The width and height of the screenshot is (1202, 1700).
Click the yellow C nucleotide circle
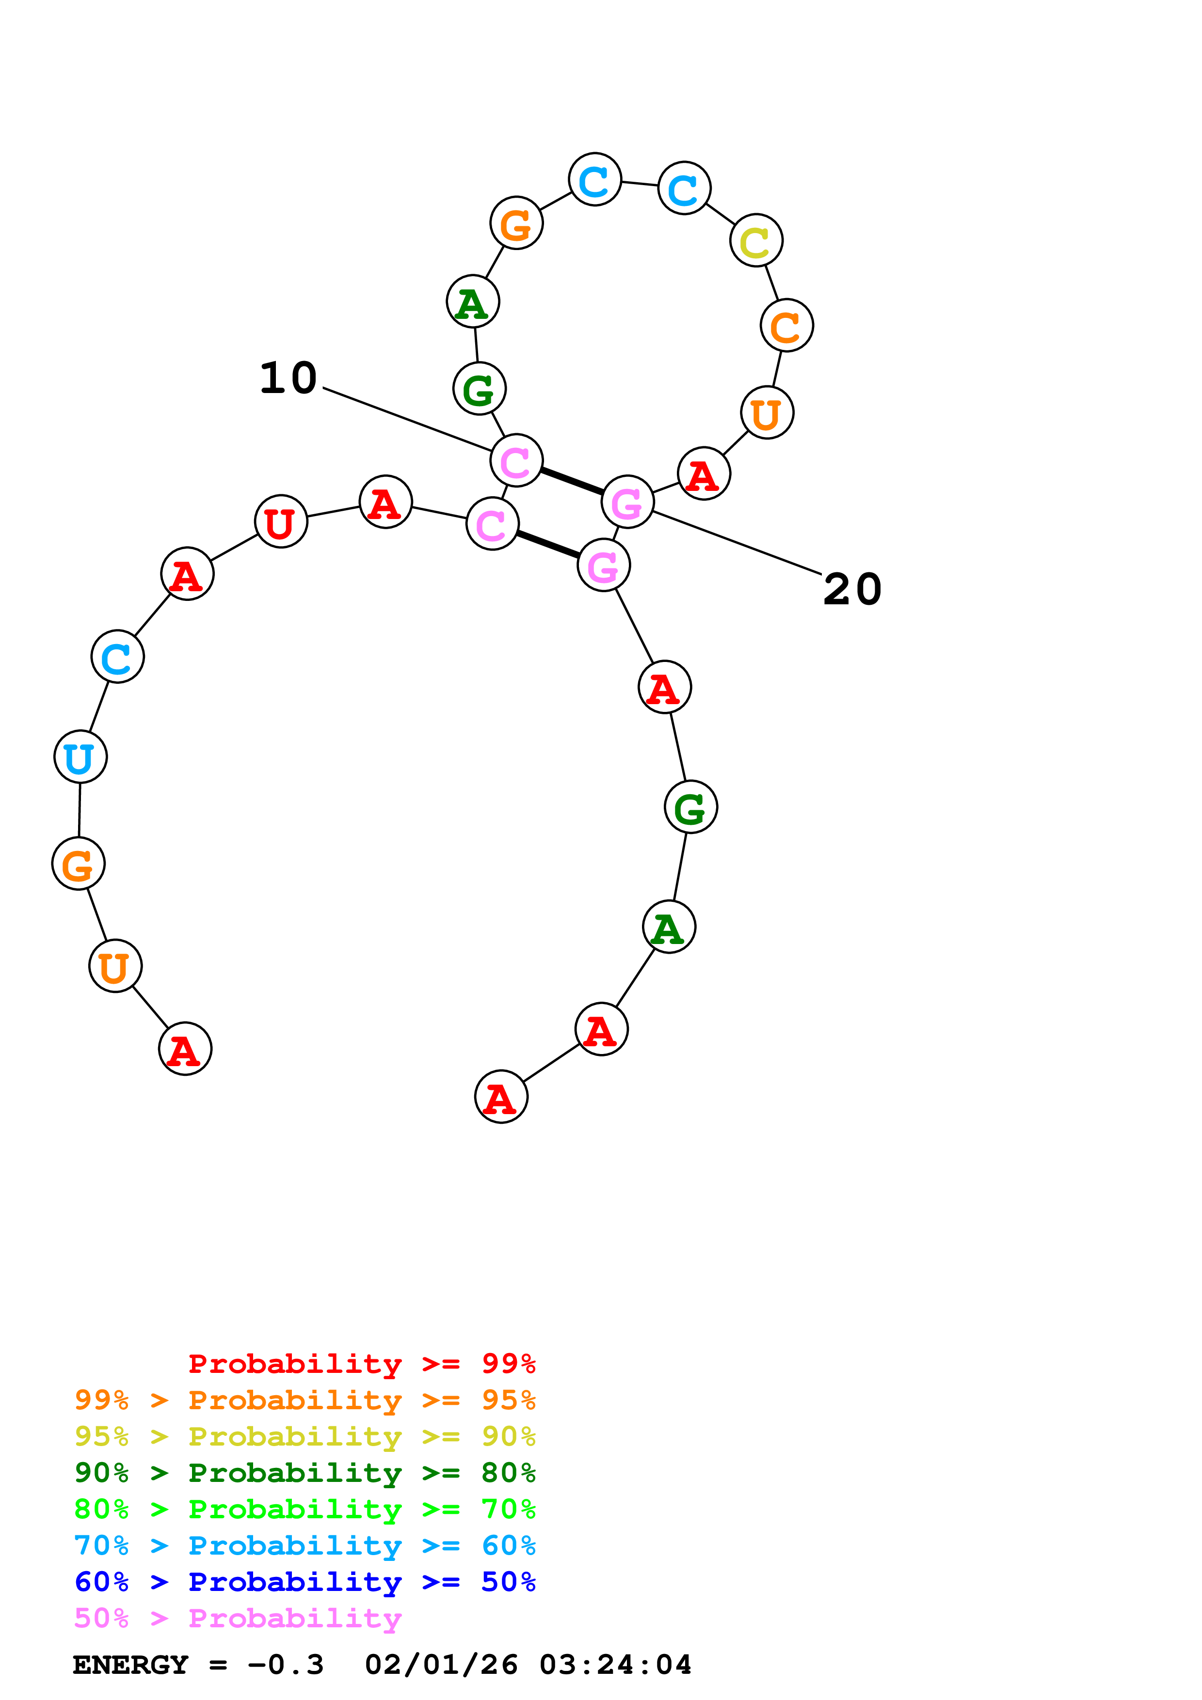pos(755,241)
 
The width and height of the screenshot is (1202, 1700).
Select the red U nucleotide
pos(281,521)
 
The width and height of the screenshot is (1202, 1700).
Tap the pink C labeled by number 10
pos(516,460)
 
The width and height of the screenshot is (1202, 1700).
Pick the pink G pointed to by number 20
pos(627,502)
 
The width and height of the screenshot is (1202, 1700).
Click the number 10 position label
pos(288,378)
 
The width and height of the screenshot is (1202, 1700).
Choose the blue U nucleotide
pos(80,756)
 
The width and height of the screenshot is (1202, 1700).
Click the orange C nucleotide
pos(786,326)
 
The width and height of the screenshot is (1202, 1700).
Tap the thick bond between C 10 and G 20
pos(572,481)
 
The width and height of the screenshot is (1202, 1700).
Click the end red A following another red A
pos(501,1097)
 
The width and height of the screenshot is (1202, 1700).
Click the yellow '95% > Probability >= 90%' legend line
pos(305,1436)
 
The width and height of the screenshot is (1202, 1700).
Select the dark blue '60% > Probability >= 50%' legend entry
pos(305,1582)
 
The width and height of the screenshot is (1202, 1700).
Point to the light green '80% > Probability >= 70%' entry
pos(305,1509)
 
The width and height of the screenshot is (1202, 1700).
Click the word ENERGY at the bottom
pos(130,1665)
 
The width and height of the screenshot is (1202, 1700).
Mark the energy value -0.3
pos(286,1665)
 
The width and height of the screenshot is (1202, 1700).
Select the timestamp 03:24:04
pos(615,1665)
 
